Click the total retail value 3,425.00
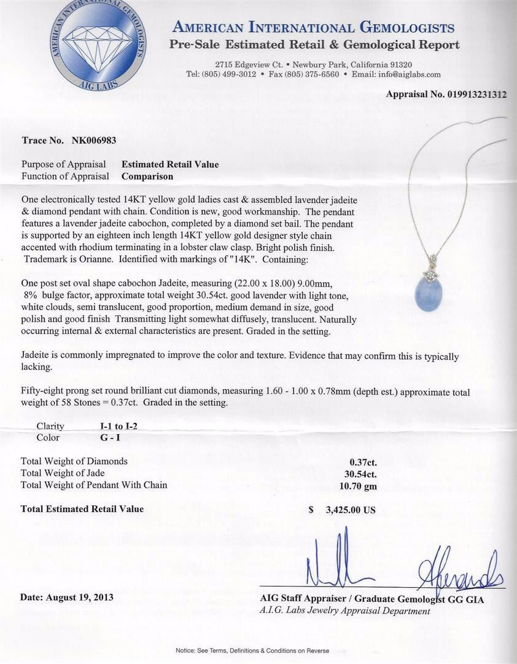pos(348,510)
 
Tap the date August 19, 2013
pos(67,597)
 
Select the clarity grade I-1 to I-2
pos(99,425)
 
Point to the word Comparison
pos(147,176)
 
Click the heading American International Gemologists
pos(314,28)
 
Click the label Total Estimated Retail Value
pos(82,509)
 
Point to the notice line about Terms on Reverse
pos(252,650)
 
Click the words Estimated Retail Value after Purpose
pos(170,165)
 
